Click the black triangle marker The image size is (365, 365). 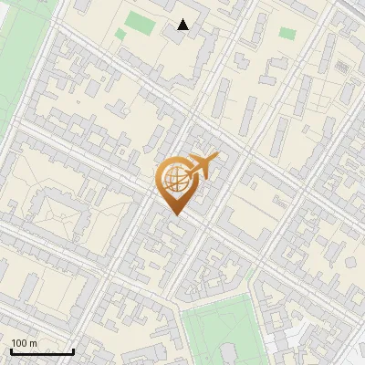pyautogui.click(x=183, y=25)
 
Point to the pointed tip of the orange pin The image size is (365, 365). pyautogui.click(x=173, y=215)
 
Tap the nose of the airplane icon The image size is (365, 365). pyautogui.click(x=216, y=157)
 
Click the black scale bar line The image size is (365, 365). pyautogui.click(x=42, y=352)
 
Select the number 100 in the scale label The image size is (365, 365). pyautogui.click(x=17, y=343)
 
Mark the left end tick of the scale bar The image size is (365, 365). pyautogui.click(x=11, y=350)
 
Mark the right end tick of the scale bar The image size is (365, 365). pyautogui.click(x=73, y=350)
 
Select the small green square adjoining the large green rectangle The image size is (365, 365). pyautogui.click(x=120, y=35)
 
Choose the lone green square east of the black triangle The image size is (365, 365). pyautogui.click(x=287, y=34)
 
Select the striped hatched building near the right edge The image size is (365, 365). pyautogui.click(x=343, y=68)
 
